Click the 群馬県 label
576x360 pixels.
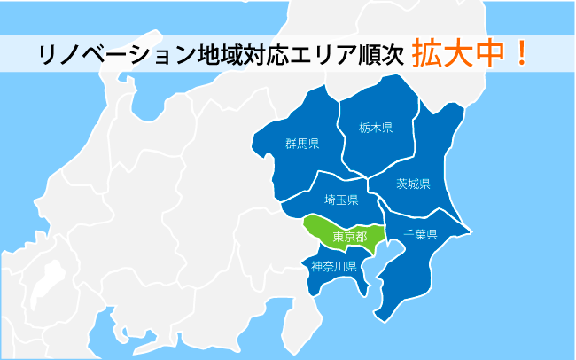coord(302,144)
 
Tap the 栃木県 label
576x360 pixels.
coord(376,127)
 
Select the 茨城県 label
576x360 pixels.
coord(413,184)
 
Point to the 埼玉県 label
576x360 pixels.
coord(341,200)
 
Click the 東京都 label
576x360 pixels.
coord(349,237)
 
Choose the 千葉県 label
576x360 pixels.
coord(421,235)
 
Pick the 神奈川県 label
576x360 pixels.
coord(333,266)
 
